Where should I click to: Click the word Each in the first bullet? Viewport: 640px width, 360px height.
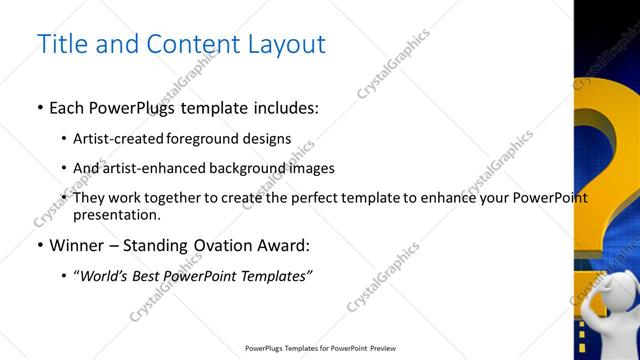(68, 108)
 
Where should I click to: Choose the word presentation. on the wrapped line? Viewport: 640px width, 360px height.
(117, 214)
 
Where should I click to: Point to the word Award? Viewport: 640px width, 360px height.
(282, 245)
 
